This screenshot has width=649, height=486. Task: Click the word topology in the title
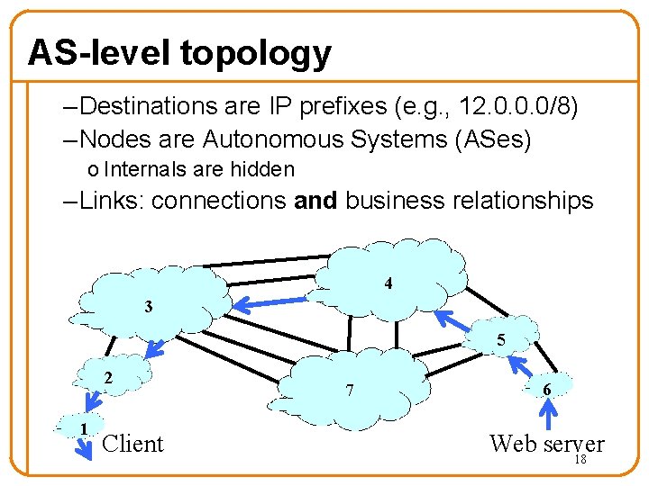[x=255, y=53]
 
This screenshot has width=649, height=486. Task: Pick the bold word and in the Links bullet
[x=315, y=200]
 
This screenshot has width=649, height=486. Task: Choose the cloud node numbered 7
[x=352, y=382]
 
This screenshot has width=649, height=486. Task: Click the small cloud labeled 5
[x=497, y=337]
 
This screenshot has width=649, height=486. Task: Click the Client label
[x=133, y=444]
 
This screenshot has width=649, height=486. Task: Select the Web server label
[x=545, y=443]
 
